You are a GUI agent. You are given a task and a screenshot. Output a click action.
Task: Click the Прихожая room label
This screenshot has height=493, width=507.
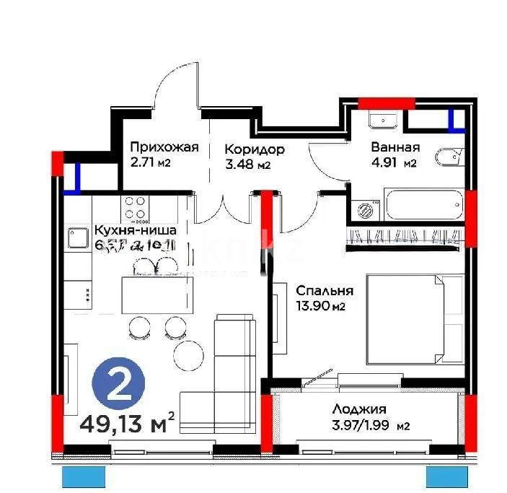pyautogui.click(x=164, y=148)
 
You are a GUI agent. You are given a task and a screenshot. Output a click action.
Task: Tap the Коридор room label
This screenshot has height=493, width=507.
pyautogui.click(x=254, y=149)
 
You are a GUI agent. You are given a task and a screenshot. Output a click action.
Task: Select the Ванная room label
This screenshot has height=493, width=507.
pyautogui.click(x=395, y=147)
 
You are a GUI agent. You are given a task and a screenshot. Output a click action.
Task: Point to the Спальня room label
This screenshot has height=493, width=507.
pyautogui.click(x=325, y=291)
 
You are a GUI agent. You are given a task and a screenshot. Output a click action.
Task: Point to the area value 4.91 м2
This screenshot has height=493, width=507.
pyautogui.click(x=394, y=163)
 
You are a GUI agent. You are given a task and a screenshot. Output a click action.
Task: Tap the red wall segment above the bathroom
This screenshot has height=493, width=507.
pyautogui.click(x=387, y=102)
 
